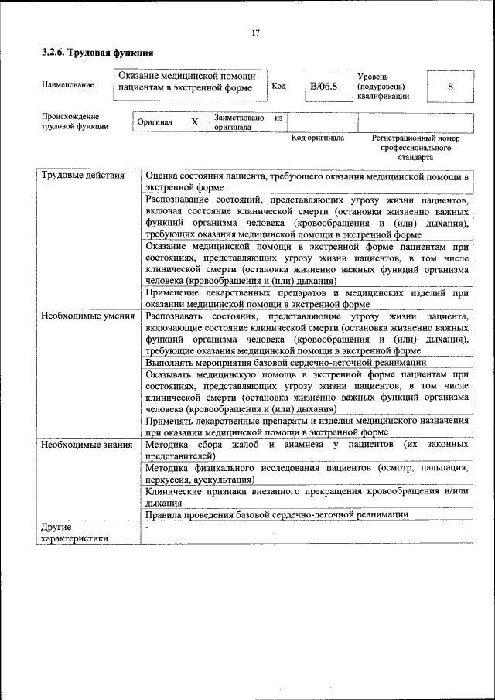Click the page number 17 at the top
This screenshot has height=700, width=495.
coord(255,32)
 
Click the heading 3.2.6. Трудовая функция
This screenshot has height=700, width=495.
coord(97,53)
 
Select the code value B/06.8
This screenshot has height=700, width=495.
coord(323,86)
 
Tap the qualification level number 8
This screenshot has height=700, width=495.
coord(450,87)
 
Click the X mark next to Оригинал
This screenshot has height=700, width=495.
coord(195,122)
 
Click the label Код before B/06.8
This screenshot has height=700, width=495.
coord(279,86)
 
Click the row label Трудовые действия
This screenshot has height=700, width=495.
coord(83,176)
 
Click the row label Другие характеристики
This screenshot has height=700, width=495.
coord(74,532)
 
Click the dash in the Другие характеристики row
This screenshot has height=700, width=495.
coord(147,527)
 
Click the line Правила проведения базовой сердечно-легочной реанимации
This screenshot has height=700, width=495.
coord(276,514)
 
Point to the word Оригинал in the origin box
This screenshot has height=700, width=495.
coord(155,122)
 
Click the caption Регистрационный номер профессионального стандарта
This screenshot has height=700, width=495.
coord(415,147)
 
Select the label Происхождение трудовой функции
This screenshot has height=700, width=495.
coord(75,121)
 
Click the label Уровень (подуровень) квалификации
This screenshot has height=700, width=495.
coord(383,86)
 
